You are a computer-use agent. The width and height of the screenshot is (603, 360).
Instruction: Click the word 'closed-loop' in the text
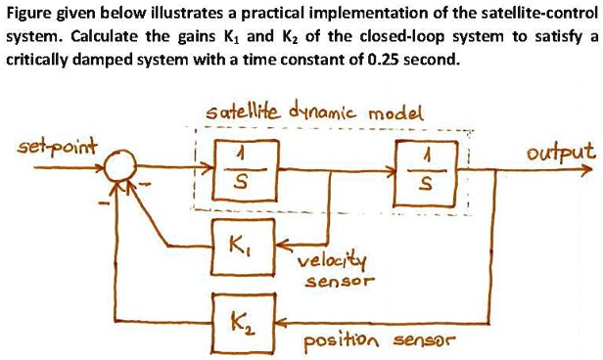click(398, 36)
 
